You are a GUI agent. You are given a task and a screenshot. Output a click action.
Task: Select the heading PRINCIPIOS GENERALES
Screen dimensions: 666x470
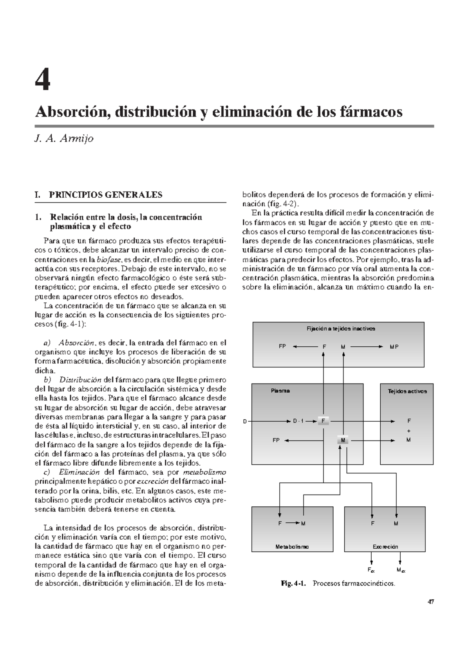tap(105, 195)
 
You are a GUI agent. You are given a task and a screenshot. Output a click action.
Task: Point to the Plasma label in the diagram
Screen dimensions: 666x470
tap(280, 391)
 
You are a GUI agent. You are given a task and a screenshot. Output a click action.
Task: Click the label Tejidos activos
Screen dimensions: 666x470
tap(407, 391)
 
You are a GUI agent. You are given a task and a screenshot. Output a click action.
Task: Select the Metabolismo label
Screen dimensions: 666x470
tap(292, 546)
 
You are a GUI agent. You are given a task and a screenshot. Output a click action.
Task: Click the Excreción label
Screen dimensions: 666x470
tap(385, 546)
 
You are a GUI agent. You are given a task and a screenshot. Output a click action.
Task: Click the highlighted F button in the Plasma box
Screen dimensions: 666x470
tap(323, 421)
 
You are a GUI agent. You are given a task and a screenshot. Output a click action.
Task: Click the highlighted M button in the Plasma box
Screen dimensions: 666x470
tap(343, 440)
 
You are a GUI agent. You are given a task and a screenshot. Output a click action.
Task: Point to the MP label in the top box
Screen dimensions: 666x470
tap(394, 347)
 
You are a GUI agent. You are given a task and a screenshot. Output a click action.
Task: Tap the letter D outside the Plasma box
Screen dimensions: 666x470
tap(245, 422)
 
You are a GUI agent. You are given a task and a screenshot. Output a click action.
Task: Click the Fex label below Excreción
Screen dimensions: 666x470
tap(371, 570)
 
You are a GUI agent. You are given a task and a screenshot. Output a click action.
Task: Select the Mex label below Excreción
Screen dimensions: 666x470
tap(401, 570)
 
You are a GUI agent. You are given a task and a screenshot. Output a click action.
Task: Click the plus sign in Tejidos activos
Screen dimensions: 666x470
tap(409, 431)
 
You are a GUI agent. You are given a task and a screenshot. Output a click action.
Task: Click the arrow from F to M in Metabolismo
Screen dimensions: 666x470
tap(292, 523)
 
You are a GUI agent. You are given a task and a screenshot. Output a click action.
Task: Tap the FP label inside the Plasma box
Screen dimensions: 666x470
tap(276, 440)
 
